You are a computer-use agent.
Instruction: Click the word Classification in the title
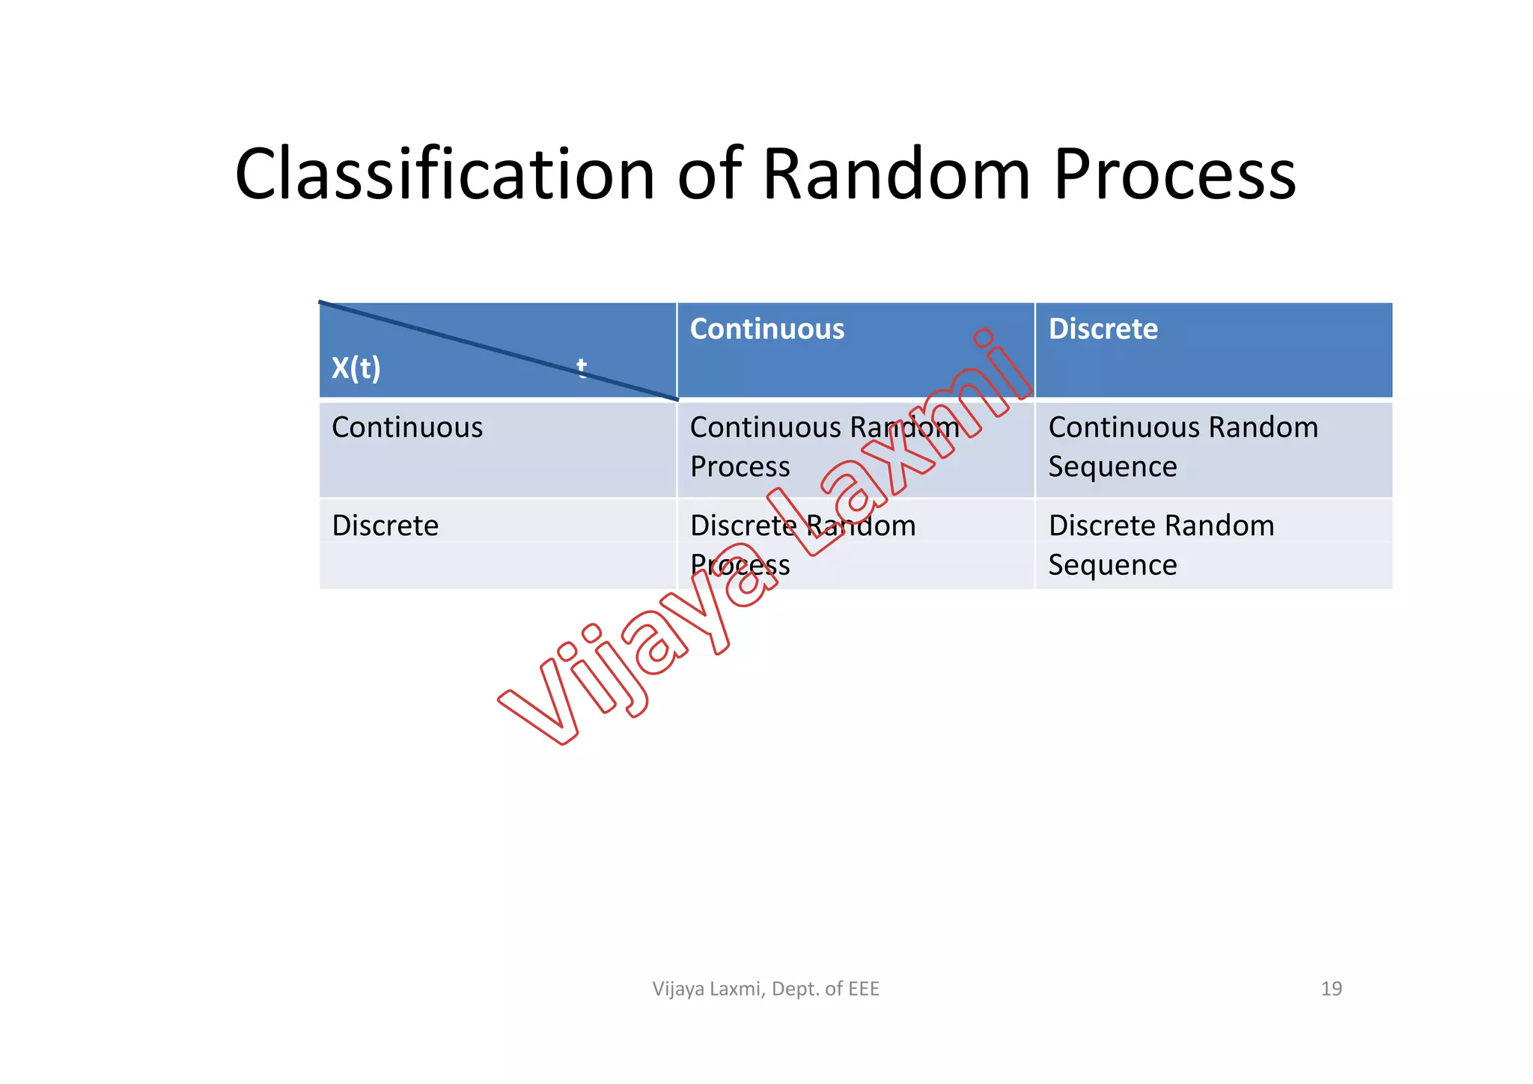(x=445, y=174)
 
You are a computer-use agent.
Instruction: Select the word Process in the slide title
(x=1174, y=174)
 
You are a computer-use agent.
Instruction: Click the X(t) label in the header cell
(x=356, y=368)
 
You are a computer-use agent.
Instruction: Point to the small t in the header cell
(x=582, y=367)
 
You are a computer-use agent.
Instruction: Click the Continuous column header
(x=766, y=329)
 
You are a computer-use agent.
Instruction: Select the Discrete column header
(x=1103, y=329)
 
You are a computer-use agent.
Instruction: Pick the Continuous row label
(x=407, y=427)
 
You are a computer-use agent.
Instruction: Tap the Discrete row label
(x=385, y=526)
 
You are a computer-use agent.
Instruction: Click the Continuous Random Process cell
(x=823, y=447)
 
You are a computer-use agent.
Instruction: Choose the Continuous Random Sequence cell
(x=1183, y=447)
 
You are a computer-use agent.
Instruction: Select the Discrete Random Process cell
(x=802, y=544)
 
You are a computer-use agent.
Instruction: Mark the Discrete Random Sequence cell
(x=1160, y=544)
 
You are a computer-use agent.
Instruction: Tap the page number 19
(x=1331, y=989)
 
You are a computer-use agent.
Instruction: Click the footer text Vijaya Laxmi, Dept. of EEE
(x=765, y=989)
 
